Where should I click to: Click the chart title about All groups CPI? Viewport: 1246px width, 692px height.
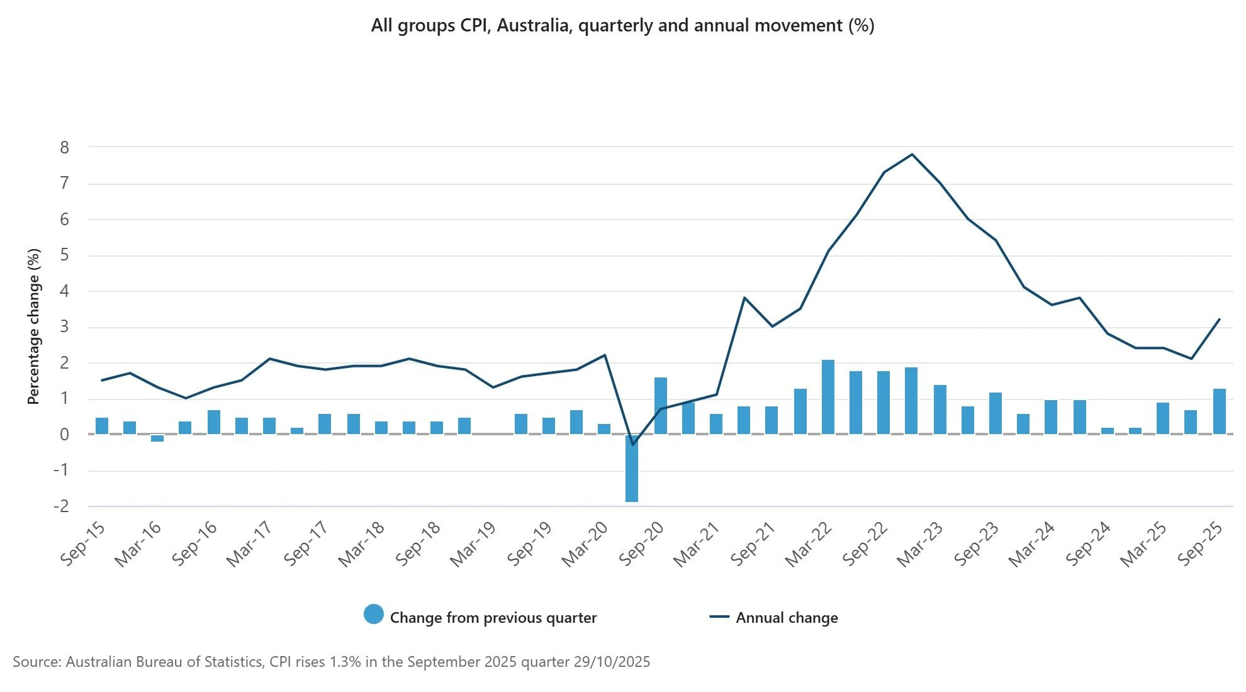[622, 26]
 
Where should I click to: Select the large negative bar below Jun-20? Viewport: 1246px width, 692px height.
[632, 468]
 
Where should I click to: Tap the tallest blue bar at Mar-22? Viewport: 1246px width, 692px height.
[828, 397]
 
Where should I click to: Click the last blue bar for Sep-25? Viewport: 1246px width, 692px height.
[1219, 411]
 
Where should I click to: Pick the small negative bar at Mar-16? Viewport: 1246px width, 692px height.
[157, 438]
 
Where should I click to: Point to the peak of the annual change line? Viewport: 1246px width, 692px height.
[912, 154]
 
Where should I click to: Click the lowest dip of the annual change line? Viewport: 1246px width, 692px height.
[632, 445]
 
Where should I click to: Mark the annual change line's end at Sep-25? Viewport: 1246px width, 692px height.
[1220, 320]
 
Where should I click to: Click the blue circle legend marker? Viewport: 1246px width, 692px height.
[374, 615]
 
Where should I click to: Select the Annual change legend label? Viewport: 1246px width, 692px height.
[787, 618]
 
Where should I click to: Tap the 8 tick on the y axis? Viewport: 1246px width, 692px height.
[64, 148]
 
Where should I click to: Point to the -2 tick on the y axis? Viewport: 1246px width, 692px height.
[62, 506]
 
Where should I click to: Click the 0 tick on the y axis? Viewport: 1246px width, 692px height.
[64, 435]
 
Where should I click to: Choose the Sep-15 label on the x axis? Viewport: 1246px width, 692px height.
[83, 544]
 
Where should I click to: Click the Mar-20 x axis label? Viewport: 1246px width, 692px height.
[585, 544]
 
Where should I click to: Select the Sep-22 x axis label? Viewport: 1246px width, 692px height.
[865, 544]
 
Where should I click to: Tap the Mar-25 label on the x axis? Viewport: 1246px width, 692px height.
[1144, 544]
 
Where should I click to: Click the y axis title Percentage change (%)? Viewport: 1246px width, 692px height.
[34, 326]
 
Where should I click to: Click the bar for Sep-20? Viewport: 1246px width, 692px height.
[660, 406]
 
